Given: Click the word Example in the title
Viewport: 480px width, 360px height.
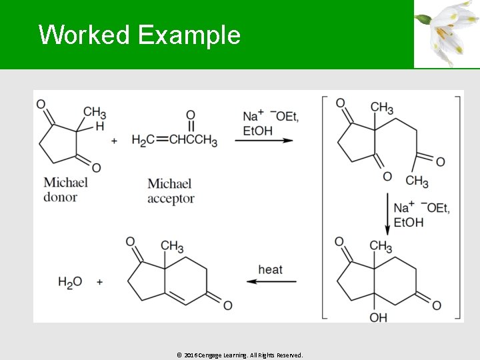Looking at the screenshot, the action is (x=189, y=35).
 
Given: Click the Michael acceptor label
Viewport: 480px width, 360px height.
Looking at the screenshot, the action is (x=170, y=191).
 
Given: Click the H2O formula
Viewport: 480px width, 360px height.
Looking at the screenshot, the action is (x=70, y=283).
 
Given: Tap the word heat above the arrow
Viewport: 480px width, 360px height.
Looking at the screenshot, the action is (x=270, y=269).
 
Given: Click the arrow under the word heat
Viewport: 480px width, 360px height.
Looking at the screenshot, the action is (x=271, y=281).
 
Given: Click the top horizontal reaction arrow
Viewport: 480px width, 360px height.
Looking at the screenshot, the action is (x=263, y=140).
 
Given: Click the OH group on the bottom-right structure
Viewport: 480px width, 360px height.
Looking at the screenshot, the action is (x=378, y=317).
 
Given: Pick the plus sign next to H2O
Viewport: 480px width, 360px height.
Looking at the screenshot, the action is (x=99, y=283).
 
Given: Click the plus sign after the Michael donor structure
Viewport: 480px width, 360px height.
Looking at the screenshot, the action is (x=114, y=141).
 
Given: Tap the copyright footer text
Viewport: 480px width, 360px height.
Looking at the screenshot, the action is (x=240, y=355).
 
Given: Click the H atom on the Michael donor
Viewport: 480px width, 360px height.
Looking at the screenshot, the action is (x=99, y=126).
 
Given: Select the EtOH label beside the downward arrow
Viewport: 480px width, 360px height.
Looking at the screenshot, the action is (x=408, y=222).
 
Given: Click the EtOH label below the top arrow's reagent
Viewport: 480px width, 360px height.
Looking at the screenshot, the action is (x=257, y=131).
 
